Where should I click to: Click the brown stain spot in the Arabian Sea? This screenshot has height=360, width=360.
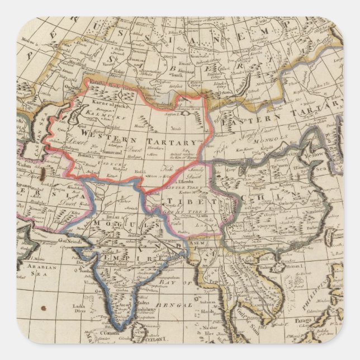[44, 308]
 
